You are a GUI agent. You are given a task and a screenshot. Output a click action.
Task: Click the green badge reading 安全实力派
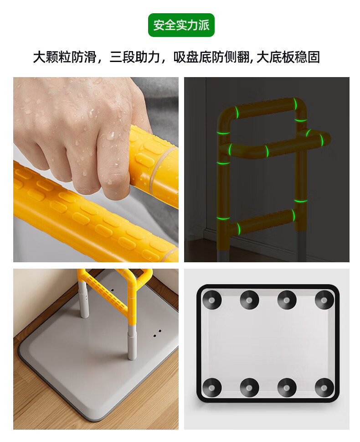(181, 25)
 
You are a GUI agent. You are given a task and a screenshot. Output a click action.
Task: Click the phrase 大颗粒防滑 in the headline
(65, 57)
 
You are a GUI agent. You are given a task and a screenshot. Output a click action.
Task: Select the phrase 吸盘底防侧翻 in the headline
(211, 57)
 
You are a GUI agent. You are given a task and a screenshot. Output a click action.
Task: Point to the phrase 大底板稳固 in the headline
(288, 57)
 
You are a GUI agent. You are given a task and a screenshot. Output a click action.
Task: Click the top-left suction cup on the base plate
(212, 300)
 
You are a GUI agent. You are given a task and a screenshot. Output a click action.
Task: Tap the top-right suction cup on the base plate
(324, 300)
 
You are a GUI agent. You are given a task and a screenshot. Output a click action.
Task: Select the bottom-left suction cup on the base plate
(212, 388)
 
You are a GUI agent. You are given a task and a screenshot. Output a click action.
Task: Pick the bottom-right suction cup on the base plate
(324, 388)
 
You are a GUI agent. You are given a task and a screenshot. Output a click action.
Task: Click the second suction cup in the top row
(249, 300)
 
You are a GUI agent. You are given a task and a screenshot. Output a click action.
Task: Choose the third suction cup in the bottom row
(287, 388)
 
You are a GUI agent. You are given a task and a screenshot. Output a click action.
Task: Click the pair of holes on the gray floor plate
(157, 333)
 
